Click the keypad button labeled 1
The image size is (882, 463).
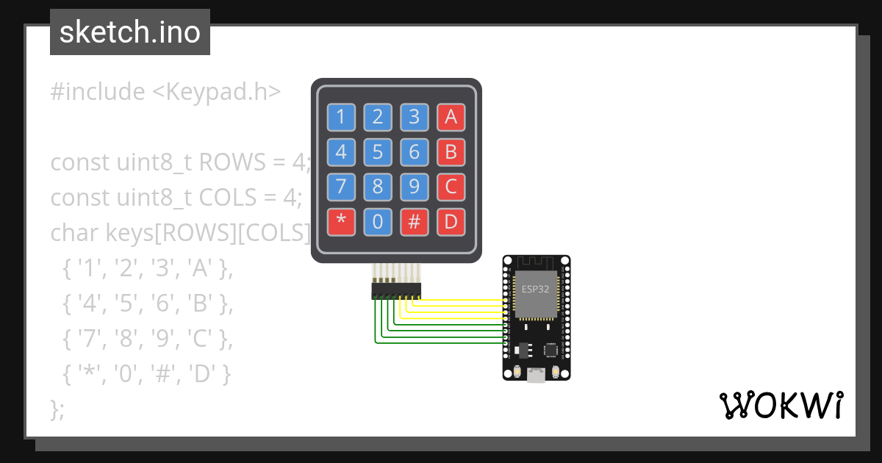click(341, 116)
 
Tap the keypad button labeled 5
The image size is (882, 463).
click(378, 151)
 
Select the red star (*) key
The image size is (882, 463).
click(341, 222)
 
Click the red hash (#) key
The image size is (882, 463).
click(415, 222)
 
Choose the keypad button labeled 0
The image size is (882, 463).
click(378, 222)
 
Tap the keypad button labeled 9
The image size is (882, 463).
click(415, 187)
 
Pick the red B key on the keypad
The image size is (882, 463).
click(451, 151)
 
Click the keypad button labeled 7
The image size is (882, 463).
click(341, 187)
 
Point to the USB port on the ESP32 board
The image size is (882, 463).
click(537, 375)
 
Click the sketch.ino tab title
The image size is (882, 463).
click(130, 32)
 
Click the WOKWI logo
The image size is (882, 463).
click(781, 405)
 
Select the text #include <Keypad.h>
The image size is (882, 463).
click(165, 92)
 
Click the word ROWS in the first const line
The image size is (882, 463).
click(226, 162)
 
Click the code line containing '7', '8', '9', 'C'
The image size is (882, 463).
click(148, 339)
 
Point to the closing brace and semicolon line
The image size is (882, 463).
click(57, 409)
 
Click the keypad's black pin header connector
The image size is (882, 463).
click(395, 290)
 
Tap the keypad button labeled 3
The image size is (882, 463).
click(415, 116)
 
